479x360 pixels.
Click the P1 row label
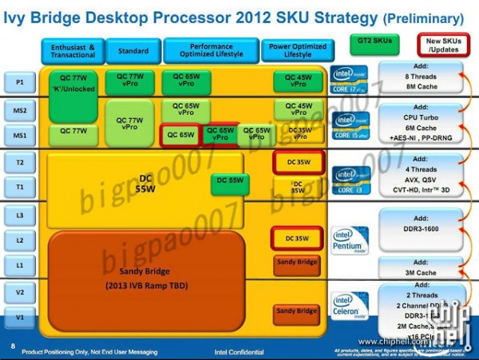pyautogui.click(x=19, y=81)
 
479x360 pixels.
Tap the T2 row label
pyautogui.click(x=19, y=161)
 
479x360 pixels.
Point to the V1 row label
pyautogui.click(x=19, y=317)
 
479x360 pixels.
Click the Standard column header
pyautogui.click(x=133, y=51)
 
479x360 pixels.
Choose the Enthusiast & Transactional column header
pyautogui.click(x=73, y=51)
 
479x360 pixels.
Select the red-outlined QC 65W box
pyautogui.click(x=180, y=135)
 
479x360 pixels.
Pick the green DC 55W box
pyautogui.click(x=230, y=181)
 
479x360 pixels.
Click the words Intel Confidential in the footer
pyautogui.click(x=239, y=351)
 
